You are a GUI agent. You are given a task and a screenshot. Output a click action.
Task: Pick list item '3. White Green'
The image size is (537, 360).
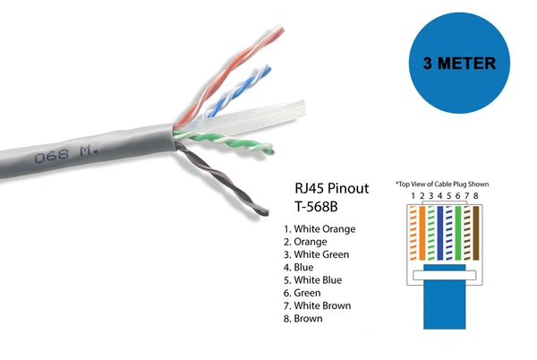click(316, 254)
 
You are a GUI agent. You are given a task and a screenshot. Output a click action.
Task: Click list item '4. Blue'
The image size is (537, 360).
click(298, 268)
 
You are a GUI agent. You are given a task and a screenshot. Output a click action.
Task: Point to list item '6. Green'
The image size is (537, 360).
click(302, 293)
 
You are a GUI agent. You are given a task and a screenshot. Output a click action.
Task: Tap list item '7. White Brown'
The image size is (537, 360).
click(316, 306)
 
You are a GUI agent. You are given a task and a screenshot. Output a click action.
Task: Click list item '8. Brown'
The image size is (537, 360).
click(303, 319)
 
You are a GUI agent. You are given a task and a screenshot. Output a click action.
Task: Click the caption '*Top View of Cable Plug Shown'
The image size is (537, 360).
click(443, 184)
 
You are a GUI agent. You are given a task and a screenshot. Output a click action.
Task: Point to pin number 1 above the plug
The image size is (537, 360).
click(413, 196)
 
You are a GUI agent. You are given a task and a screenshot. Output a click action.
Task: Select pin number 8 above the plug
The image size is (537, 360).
click(476, 196)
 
